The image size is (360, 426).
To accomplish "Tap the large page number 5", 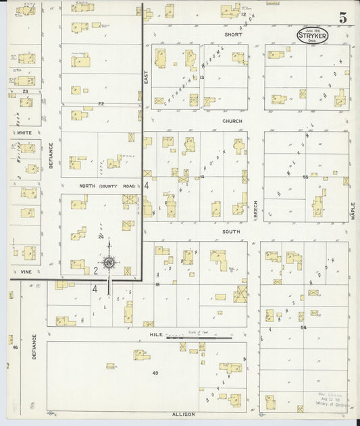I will click(x=342, y=19).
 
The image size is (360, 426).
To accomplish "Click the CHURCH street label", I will click(x=232, y=121).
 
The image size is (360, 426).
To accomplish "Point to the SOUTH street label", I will click(x=232, y=230).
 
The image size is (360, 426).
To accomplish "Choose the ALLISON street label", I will click(x=183, y=413).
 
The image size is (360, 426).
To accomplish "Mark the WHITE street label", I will click(x=24, y=133).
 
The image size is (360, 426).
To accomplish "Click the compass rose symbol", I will click(x=108, y=263).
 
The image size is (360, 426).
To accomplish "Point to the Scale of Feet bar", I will click(x=200, y=336).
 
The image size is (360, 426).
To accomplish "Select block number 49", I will click(x=155, y=373).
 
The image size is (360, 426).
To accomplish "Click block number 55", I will click(x=305, y=177).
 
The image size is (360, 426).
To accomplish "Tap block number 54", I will click(x=304, y=327).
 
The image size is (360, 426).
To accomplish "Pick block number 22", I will click(x=101, y=103).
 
